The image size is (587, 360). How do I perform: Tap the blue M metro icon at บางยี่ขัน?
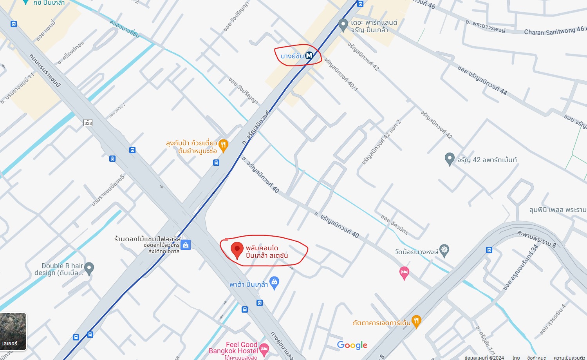tap(309, 56)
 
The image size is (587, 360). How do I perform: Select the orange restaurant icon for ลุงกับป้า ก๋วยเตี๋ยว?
tap(223, 145)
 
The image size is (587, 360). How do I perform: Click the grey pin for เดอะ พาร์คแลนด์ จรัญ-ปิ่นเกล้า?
tap(343, 25)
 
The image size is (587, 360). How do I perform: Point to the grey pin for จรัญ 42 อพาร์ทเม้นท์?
tap(450, 159)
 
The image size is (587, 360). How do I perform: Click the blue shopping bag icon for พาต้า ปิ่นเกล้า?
tap(275, 282)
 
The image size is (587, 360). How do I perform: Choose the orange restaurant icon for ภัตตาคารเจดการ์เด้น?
tap(416, 321)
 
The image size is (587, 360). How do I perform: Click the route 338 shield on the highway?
tap(88, 123)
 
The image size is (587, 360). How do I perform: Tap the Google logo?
tap(352, 345)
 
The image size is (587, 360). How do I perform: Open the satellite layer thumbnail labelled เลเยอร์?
tap(13, 331)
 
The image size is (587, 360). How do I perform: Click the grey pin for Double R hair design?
tap(89, 268)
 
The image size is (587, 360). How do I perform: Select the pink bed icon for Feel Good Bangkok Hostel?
tap(264, 348)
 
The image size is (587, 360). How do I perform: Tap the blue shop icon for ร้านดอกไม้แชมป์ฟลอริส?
tap(186, 245)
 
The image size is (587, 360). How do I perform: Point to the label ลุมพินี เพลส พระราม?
tap(558, 210)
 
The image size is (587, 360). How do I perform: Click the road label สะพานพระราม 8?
tap(536, 239)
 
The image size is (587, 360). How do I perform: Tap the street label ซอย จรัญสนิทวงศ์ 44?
tap(482, 81)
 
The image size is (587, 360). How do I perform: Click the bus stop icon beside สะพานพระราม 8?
tap(489, 250)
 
